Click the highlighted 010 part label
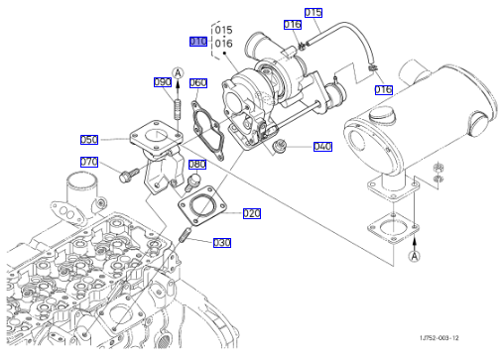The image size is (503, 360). pyautogui.click(x=198, y=42)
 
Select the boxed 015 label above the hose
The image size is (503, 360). pyautogui.click(x=314, y=13)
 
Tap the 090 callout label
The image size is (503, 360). pyautogui.click(x=163, y=82)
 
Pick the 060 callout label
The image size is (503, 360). pyautogui.click(x=198, y=82)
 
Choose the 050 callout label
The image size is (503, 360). pyautogui.click(x=89, y=140)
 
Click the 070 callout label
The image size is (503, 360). pyautogui.click(x=89, y=162)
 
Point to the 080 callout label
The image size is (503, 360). pyautogui.click(x=197, y=165)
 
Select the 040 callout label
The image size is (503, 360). pyautogui.click(x=322, y=147)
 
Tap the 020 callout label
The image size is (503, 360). pyautogui.click(x=252, y=213)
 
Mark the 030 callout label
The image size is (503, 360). pyautogui.click(x=222, y=243)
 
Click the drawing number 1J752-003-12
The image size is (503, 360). pyautogui.click(x=440, y=338)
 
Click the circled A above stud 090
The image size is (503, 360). pyautogui.click(x=178, y=73)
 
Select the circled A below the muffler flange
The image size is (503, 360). pyautogui.click(x=415, y=256)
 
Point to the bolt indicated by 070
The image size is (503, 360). pyautogui.click(x=129, y=175)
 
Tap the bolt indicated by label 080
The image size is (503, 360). pyautogui.click(x=192, y=182)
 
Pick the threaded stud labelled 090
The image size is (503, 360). pyautogui.click(x=178, y=108)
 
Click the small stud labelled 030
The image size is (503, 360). pyautogui.click(x=185, y=234)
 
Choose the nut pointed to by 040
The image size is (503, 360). pyautogui.click(x=278, y=146)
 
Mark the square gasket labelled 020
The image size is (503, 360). pyautogui.click(x=202, y=206)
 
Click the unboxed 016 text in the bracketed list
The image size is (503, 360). pyautogui.click(x=223, y=44)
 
